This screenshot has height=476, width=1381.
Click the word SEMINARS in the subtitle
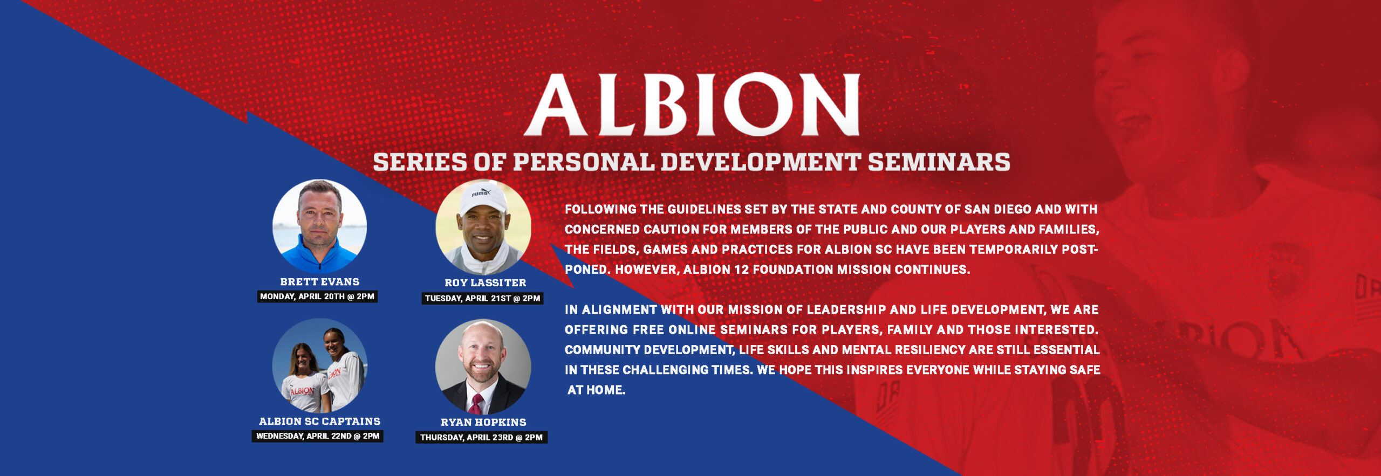[939, 162]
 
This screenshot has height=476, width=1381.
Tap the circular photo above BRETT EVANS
[319, 226]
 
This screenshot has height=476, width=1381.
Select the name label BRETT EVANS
[319, 281]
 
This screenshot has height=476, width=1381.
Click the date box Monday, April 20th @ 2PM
[317, 296]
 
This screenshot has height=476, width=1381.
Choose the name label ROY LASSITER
[485, 282]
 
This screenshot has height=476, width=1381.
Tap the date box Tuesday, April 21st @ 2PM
[482, 298]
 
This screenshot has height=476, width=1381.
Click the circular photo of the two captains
[319, 365]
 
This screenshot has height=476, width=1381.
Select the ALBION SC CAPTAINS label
[319, 421]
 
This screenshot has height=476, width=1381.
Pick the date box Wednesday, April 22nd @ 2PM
[317, 436]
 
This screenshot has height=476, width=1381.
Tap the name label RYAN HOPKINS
[483, 422]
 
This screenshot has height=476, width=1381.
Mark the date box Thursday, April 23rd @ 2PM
[481, 437]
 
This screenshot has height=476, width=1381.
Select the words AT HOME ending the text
[596, 390]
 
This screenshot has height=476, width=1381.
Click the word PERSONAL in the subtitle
[583, 162]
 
